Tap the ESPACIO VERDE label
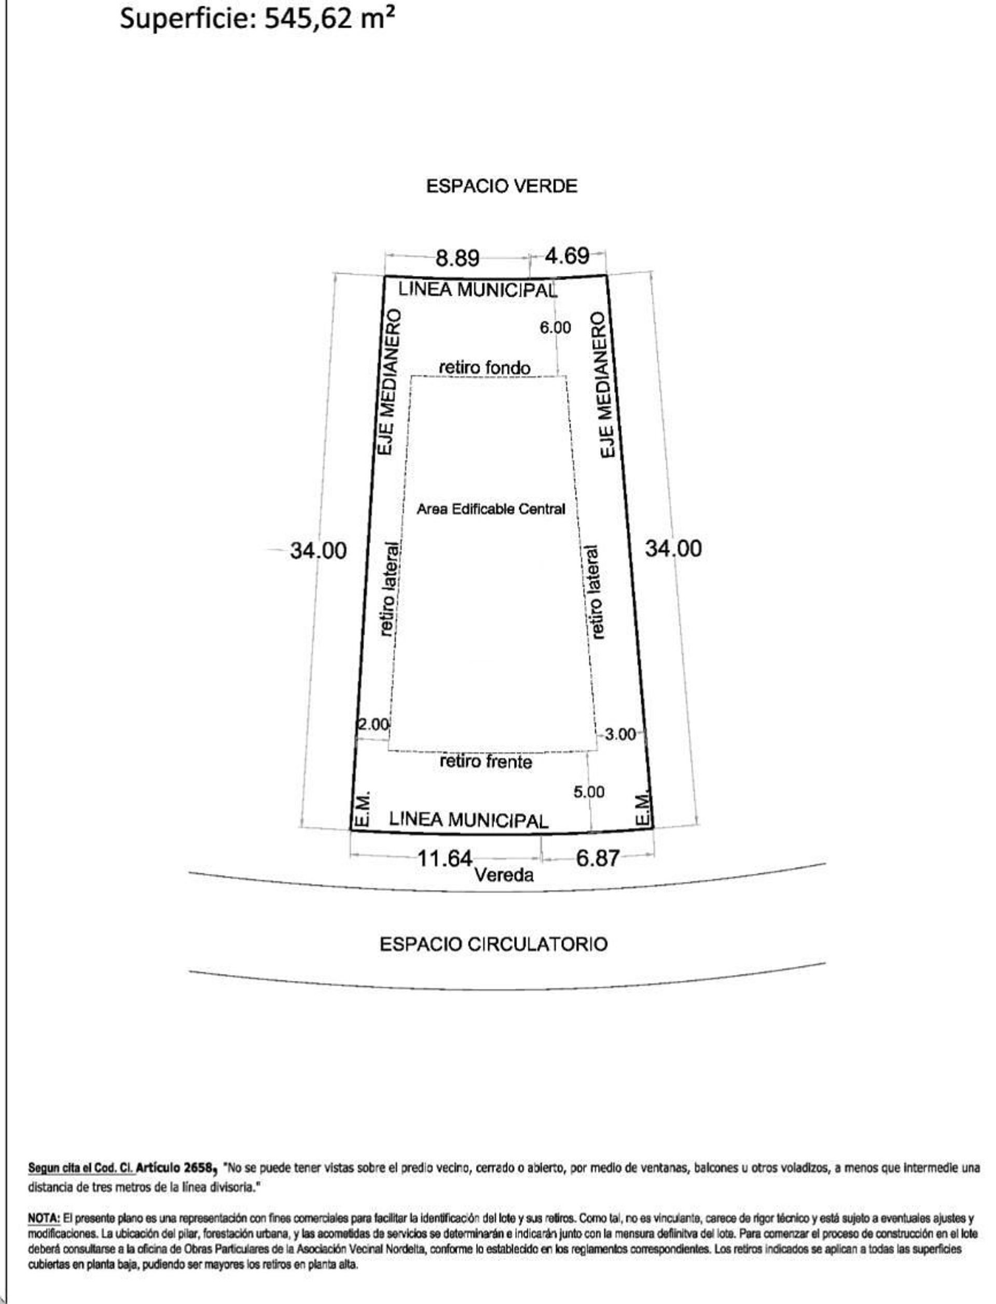click(502, 186)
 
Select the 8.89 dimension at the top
click(458, 258)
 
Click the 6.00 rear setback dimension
click(555, 327)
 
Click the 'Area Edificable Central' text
click(491, 509)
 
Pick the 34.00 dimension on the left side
click(319, 551)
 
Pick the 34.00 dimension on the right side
click(673, 549)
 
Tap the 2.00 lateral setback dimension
click(374, 724)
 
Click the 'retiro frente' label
click(486, 761)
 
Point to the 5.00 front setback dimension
click(589, 792)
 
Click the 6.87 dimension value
click(598, 858)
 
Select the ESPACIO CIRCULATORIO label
click(494, 944)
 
